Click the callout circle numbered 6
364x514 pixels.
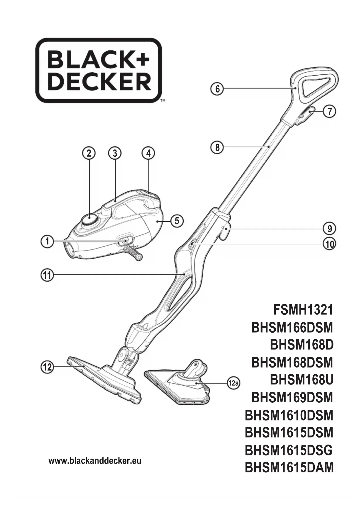pyautogui.click(x=217, y=88)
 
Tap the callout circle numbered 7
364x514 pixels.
pyautogui.click(x=330, y=112)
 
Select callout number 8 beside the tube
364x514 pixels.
pyautogui.click(x=217, y=147)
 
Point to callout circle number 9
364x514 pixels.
pyautogui.click(x=330, y=228)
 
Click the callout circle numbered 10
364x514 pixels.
pyautogui.click(x=330, y=244)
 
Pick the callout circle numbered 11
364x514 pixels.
pyautogui.click(x=47, y=275)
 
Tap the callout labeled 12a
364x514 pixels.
pyautogui.click(x=234, y=383)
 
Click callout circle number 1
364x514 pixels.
pyautogui.click(x=47, y=242)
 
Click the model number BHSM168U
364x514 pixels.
pyautogui.click(x=302, y=380)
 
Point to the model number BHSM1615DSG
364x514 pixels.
pyautogui.click(x=289, y=450)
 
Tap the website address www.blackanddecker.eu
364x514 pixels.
pyautogui.click(x=95, y=461)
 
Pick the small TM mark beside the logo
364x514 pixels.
pyautogui.click(x=163, y=100)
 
